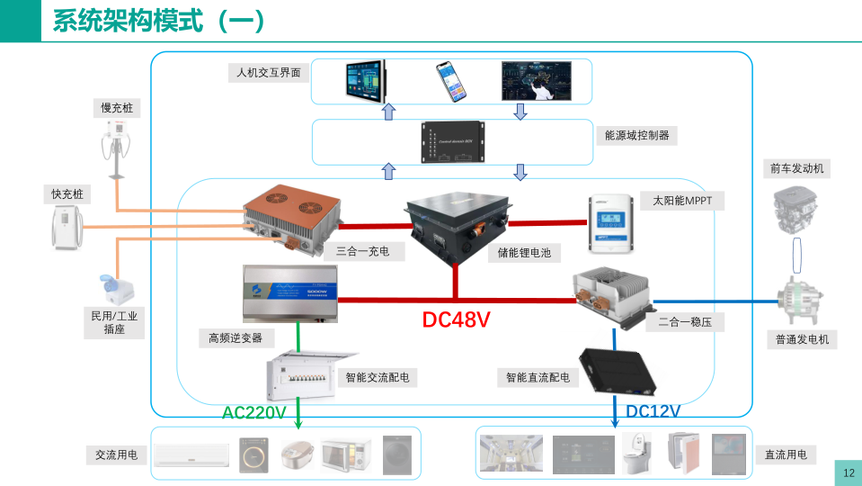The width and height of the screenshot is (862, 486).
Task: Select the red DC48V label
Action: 456,319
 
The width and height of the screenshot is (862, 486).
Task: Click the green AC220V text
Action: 254,413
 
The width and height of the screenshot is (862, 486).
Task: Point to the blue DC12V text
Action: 653,411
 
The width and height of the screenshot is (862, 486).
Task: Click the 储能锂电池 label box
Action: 524,253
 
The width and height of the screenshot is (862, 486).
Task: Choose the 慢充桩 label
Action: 120,109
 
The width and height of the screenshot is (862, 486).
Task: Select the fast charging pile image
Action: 67,226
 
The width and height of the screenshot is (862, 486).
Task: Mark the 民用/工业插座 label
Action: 114,323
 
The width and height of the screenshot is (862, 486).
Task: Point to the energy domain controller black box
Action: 454,142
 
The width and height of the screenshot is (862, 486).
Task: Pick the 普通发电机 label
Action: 802,339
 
